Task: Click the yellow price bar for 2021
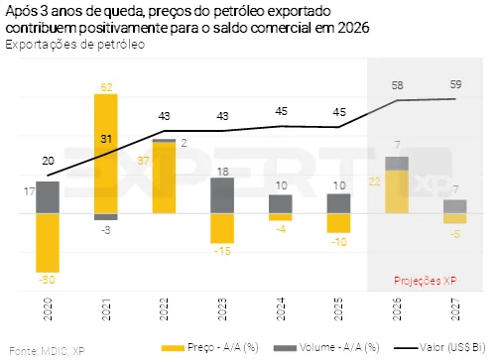106,154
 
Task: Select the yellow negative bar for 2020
48,243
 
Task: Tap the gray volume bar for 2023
222,195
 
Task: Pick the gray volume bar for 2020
48,197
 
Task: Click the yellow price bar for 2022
164,178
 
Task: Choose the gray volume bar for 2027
455,206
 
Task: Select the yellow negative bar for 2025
338,223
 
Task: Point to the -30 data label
47,280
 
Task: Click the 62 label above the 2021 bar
106,87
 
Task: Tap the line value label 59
455,84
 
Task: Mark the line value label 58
397,85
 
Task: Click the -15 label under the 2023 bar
222,251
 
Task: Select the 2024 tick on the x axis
281,309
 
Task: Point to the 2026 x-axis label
397,309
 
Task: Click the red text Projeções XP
426,281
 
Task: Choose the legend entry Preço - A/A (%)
210,347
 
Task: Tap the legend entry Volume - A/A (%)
326,347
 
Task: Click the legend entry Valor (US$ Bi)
439,347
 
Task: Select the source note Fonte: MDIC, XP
47,351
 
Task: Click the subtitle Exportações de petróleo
75,45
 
